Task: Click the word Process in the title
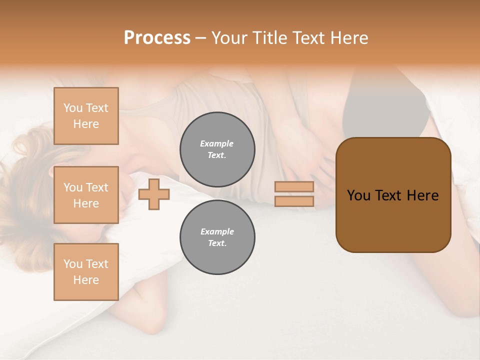(x=157, y=38)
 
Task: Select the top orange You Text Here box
(x=86, y=116)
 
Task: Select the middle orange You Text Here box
(x=86, y=195)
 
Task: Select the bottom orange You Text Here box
(x=86, y=272)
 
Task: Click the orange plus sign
(x=154, y=194)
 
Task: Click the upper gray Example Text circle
(x=217, y=149)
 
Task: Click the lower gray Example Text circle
(x=217, y=237)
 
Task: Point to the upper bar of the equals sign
(x=294, y=187)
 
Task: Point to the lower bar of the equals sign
(x=294, y=201)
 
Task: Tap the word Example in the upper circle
(x=217, y=143)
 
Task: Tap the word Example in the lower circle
(x=217, y=231)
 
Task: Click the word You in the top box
(x=73, y=108)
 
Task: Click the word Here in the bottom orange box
(x=86, y=280)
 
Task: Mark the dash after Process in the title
(x=201, y=38)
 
